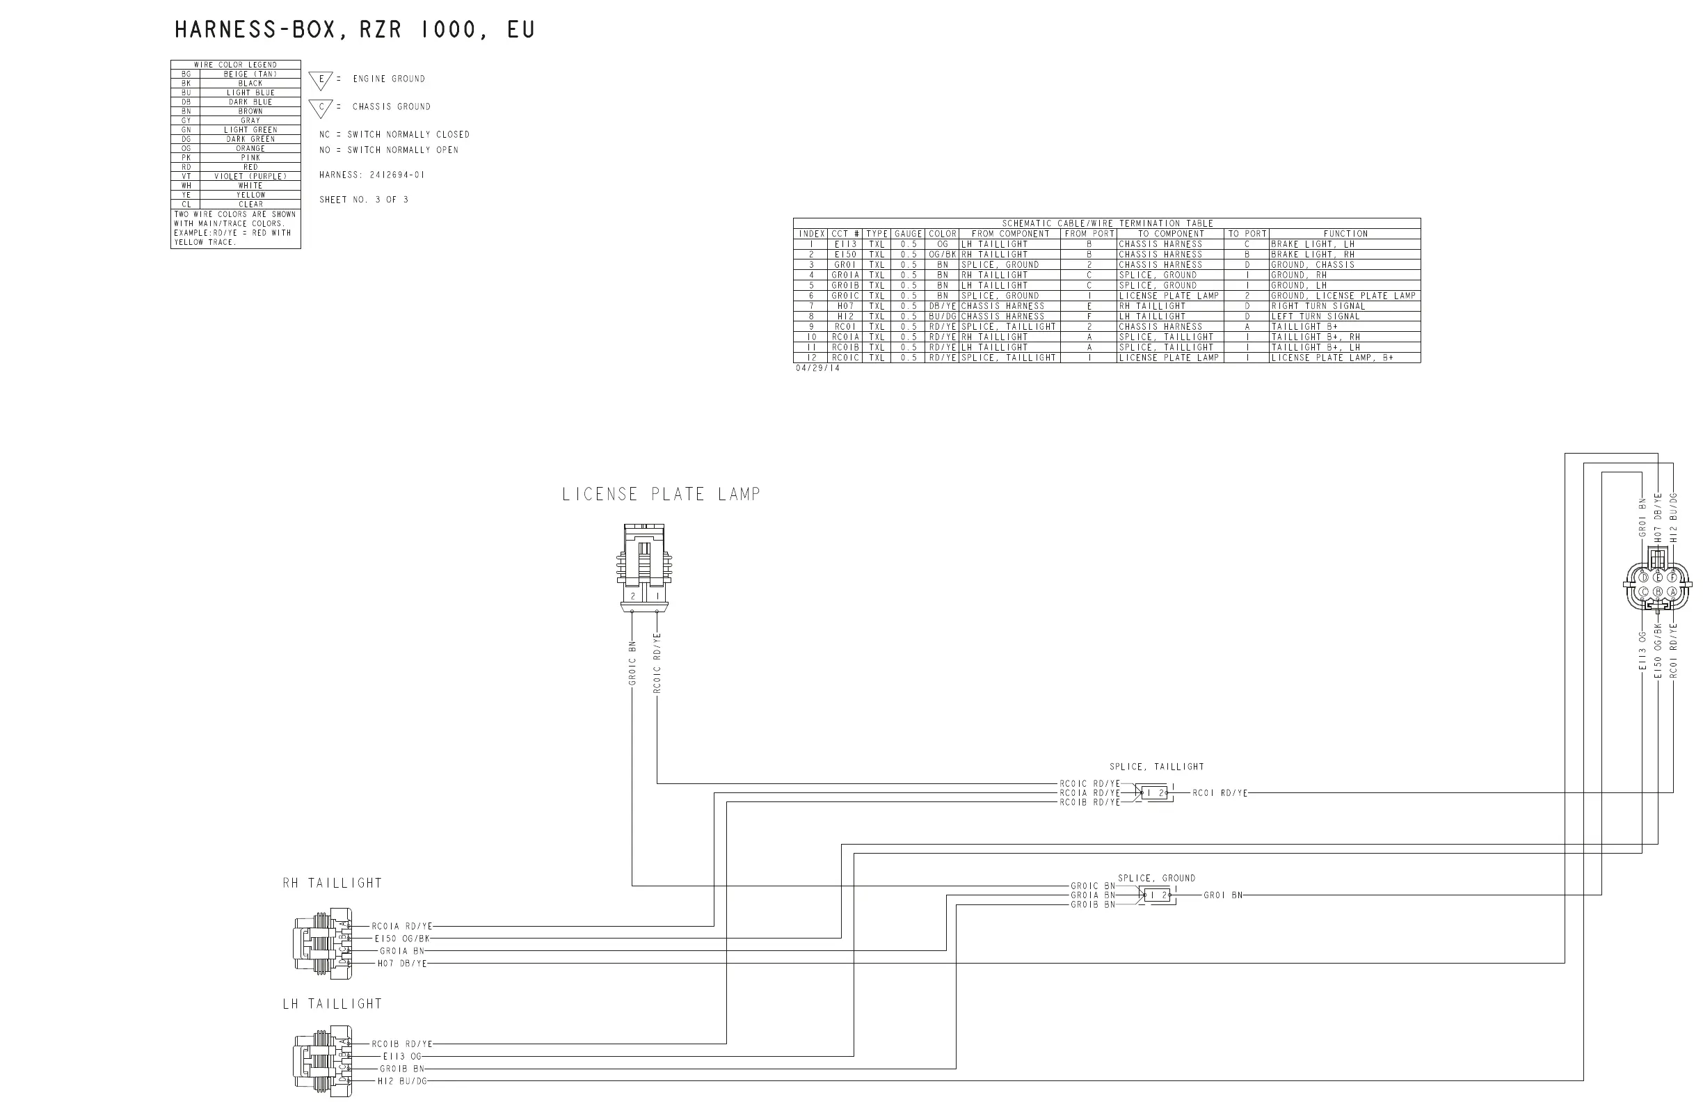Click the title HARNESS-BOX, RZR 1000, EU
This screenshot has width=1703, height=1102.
[354, 30]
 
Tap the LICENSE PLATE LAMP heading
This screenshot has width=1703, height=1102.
[660, 495]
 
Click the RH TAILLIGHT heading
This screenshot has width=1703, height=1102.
[332, 884]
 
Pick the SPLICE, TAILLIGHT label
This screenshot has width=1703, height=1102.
[1156, 767]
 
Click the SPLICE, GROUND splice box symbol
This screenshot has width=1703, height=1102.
[1156, 895]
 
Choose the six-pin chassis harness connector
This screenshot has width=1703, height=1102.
[1657, 584]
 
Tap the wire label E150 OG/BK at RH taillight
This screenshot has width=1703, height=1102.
[401, 938]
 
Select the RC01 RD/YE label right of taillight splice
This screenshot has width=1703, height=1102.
[1220, 793]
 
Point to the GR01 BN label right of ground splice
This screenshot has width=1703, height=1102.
[1223, 895]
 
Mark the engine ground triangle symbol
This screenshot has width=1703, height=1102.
[321, 80]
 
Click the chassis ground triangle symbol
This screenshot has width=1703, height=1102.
[321, 108]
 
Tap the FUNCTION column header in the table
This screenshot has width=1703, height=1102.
[1345, 234]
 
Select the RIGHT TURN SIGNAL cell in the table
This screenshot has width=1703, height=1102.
[1318, 306]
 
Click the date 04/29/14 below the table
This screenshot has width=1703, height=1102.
[817, 369]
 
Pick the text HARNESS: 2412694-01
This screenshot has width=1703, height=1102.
[371, 175]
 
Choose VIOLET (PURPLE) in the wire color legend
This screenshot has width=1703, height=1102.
[250, 176]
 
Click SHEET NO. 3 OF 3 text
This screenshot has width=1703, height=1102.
[364, 200]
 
